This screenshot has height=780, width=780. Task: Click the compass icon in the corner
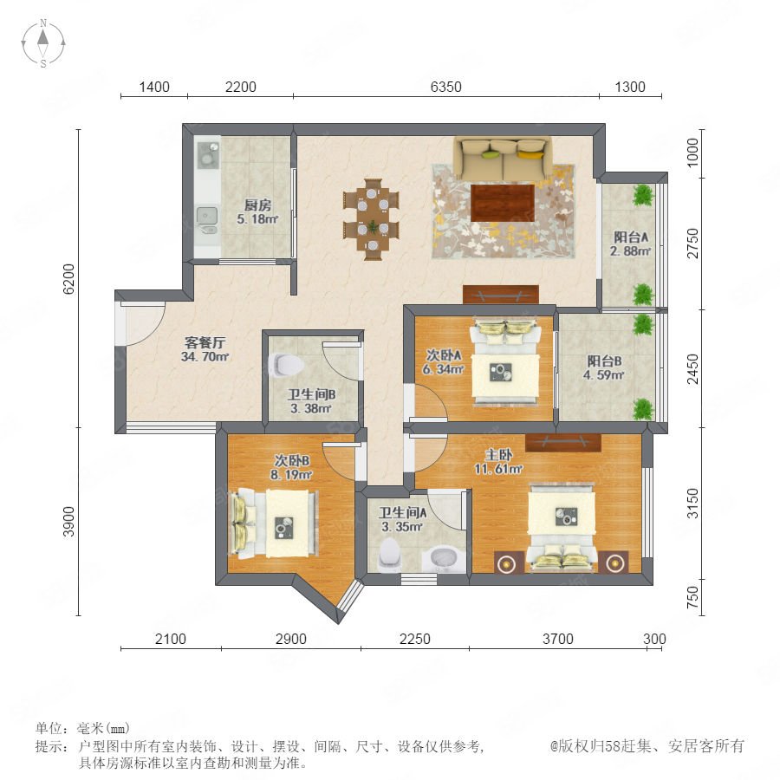(x=43, y=42)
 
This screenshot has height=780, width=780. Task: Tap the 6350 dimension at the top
(x=445, y=87)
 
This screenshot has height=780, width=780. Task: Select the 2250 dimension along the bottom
(x=415, y=639)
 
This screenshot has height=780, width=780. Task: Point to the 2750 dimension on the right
(x=693, y=244)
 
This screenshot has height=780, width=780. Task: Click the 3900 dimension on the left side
(x=68, y=522)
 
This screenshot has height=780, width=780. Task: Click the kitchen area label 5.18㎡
(x=257, y=219)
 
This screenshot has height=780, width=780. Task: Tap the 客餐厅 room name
(x=205, y=342)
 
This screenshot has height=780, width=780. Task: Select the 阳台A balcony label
(x=631, y=237)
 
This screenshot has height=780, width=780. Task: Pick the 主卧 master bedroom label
(x=498, y=455)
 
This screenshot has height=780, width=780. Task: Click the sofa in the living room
(x=503, y=159)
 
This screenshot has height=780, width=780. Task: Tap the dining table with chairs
(x=372, y=219)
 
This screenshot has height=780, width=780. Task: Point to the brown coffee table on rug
(x=503, y=203)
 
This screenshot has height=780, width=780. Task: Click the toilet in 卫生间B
(x=286, y=365)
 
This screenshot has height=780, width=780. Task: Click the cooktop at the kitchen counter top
(x=208, y=154)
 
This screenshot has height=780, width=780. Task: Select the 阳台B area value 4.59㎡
(x=603, y=375)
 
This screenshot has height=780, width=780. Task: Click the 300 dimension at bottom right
(x=654, y=639)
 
